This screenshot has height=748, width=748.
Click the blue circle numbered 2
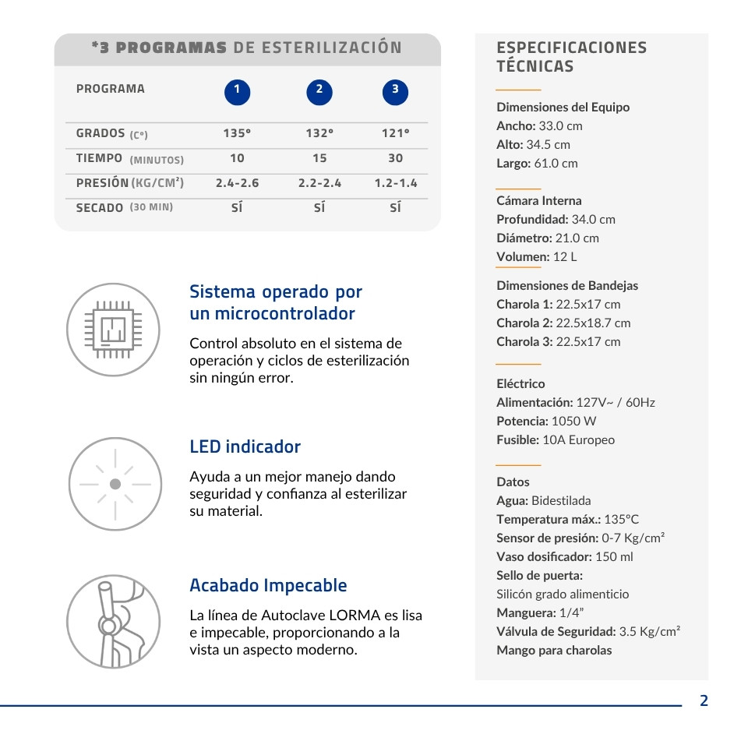(319, 92)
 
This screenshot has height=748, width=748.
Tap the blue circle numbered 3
(395, 92)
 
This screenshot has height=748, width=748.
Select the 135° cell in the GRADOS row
(237, 133)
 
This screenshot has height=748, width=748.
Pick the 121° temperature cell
(395, 133)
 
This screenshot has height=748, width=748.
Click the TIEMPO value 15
(319, 158)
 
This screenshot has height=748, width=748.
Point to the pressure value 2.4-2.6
(237, 183)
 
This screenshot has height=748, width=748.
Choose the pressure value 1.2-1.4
(395, 183)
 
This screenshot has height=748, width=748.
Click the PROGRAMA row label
(111, 89)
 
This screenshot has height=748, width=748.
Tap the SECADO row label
(100, 208)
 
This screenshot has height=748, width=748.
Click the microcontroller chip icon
(114, 330)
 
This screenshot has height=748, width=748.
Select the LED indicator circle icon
(115, 484)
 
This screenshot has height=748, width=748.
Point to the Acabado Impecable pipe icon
(114, 621)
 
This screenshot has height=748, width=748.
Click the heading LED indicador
(245, 446)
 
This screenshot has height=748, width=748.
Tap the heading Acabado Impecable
(268, 585)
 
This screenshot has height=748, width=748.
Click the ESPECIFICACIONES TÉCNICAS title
(571, 57)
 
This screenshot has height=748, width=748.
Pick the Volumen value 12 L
(565, 256)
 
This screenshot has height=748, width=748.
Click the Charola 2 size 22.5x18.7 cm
(593, 323)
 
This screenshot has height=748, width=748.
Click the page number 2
(704, 700)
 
